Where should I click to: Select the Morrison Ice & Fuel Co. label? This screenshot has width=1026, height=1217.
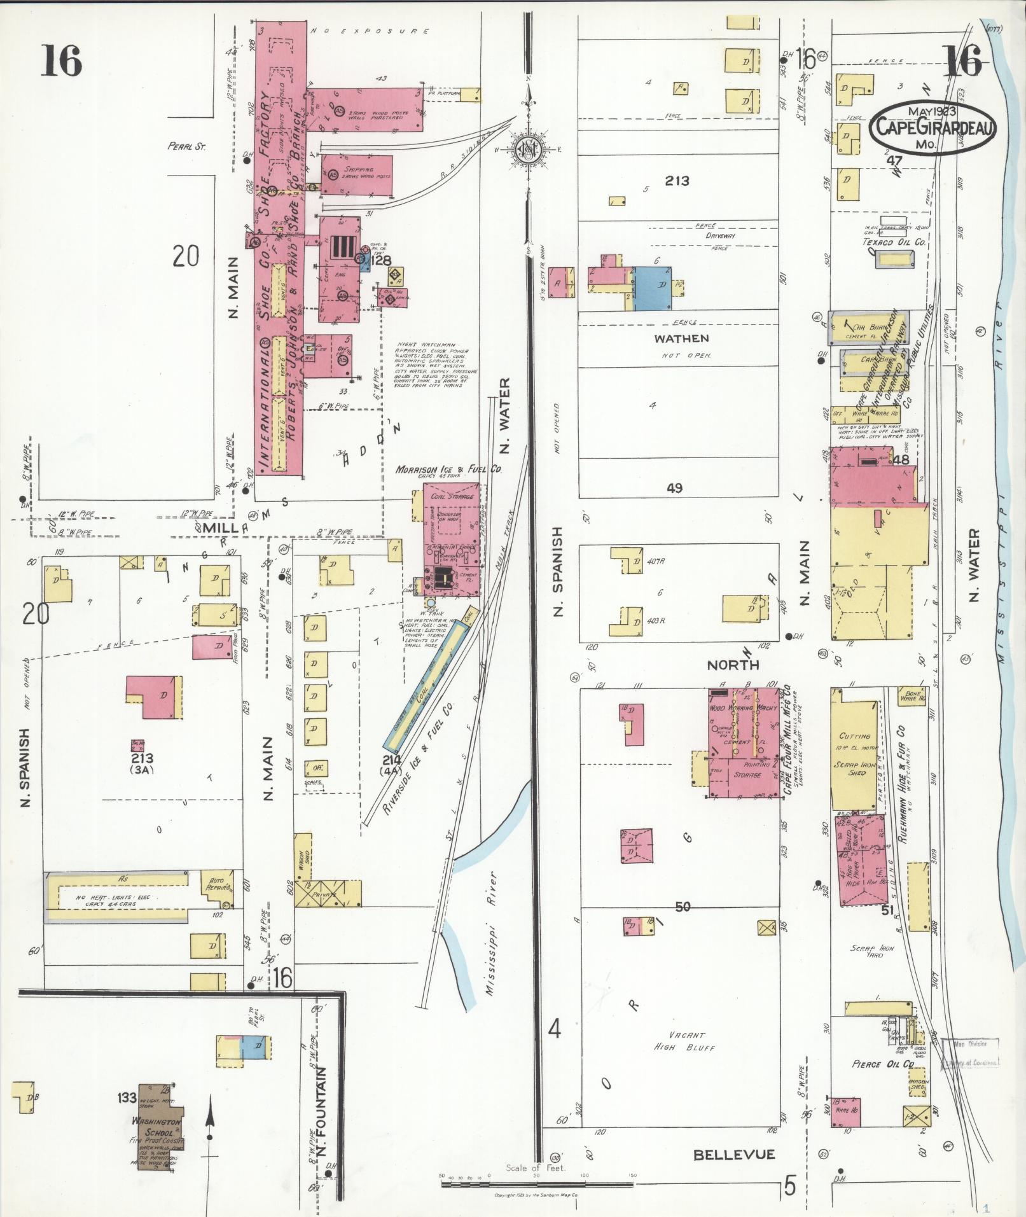[x=449, y=469]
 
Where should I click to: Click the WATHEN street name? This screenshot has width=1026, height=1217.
[x=681, y=338]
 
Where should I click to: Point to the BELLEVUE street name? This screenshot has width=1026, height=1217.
[x=733, y=1153]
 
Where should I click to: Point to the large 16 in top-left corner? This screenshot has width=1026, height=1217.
[x=62, y=61]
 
